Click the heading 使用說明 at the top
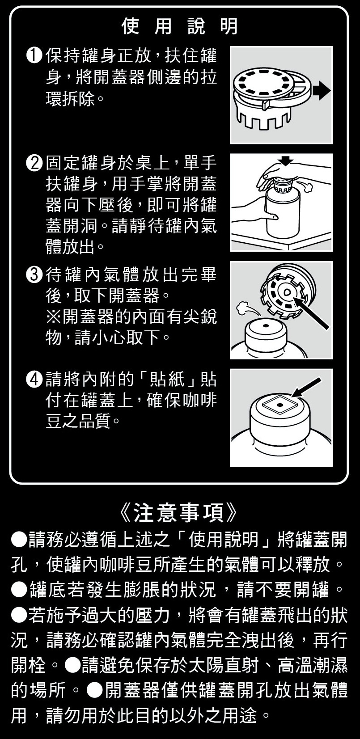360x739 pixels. [x=179, y=26]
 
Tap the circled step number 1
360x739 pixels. [x=34, y=56]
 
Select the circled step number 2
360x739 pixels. [x=34, y=163]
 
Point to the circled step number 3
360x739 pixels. [x=34, y=275]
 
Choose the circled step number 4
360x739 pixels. [x=34, y=380]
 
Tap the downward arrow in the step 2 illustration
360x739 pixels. [x=285, y=160]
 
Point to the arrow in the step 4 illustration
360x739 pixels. [x=306, y=387]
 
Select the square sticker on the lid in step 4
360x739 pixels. [x=280, y=405]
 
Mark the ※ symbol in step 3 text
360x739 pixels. [x=53, y=317]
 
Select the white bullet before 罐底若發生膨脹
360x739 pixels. [x=19, y=590]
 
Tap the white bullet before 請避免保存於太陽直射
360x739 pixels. [x=73, y=665]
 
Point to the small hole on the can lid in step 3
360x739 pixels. [x=265, y=326]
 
